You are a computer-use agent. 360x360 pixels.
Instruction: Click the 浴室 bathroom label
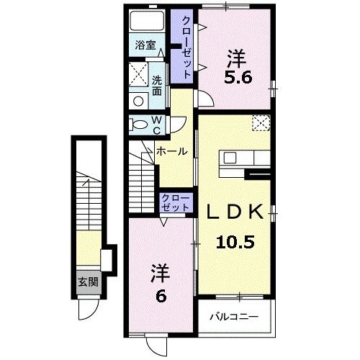coord(145,45)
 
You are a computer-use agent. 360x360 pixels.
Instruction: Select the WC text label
coord(156,124)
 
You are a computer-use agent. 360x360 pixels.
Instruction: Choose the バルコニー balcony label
coord(234,316)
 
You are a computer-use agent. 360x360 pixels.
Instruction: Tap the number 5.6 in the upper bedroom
coord(237,77)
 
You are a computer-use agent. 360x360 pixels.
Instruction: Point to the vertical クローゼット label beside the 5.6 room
coord(186,47)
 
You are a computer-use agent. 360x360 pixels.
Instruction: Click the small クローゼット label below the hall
coord(176,202)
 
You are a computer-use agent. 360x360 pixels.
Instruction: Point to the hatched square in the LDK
coord(261,122)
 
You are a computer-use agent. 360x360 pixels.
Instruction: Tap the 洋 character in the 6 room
coord(161,273)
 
